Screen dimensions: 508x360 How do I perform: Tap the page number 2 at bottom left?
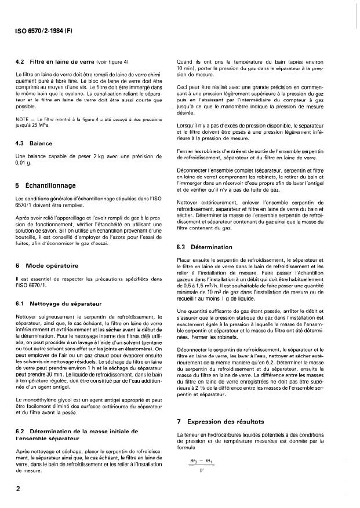tap(19, 489)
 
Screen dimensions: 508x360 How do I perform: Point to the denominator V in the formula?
tap(201, 484)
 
